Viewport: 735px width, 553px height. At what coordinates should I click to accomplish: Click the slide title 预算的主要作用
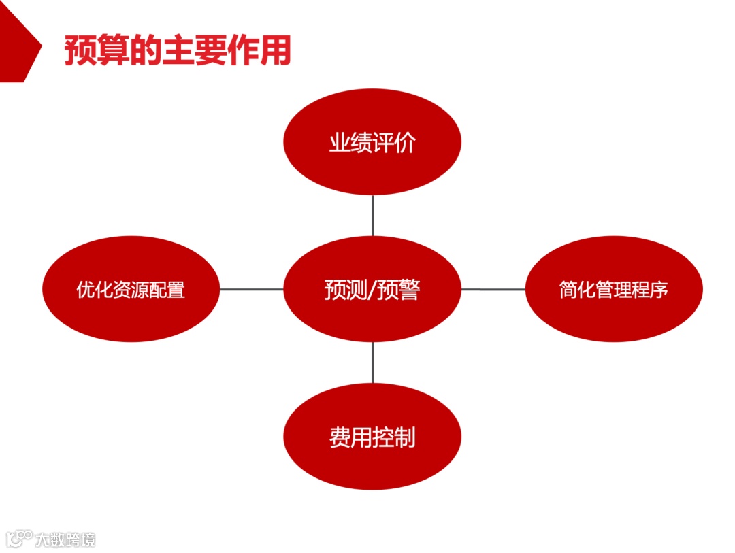[178, 50]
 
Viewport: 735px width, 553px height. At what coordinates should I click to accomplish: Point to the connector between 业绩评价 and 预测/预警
[372, 216]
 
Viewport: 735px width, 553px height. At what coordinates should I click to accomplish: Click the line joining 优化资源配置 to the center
[251, 289]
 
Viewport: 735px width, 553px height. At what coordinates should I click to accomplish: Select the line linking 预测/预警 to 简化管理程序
[493, 289]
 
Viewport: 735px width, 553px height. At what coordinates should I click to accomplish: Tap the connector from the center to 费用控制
[372, 363]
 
